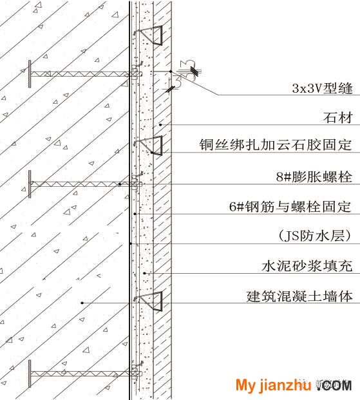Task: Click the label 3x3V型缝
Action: pyautogui.click(x=322, y=88)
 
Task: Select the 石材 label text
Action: pyautogui.click(x=338, y=118)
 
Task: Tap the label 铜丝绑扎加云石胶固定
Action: pyautogui.click(x=276, y=145)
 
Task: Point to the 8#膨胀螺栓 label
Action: pyautogui.click(x=314, y=176)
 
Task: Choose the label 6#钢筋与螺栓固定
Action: pyautogui.click(x=290, y=206)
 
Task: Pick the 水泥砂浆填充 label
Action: pyautogui.click(x=307, y=266)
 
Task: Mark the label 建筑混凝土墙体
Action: pyautogui.click(x=299, y=296)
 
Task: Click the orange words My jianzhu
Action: pyautogui.click(x=273, y=385)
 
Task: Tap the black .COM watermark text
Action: pyautogui.click(x=334, y=385)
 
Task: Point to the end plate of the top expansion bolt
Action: pyautogui.click(x=30, y=74)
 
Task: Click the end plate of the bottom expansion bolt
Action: pyautogui.click(x=30, y=374)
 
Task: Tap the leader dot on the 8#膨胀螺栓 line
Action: pyautogui.click(x=120, y=184)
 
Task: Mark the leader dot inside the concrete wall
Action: pyautogui.click(x=82, y=303)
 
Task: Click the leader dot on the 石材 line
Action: pyautogui.click(x=160, y=125)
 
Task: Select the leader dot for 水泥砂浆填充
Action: pyautogui.click(x=144, y=273)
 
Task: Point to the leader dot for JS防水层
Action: pyautogui.click(x=130, y=244)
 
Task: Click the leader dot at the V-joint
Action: pyautogui.click(x=171, y=71)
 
